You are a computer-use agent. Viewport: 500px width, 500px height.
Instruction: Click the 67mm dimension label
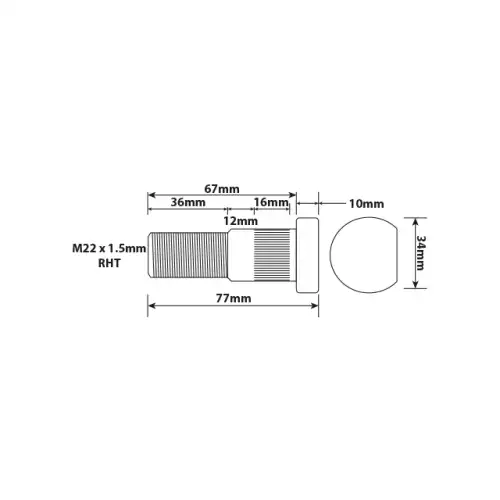(222, 189)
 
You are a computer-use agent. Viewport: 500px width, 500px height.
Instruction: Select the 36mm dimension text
(188, 202)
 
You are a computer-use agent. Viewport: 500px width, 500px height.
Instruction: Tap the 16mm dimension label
(271, 202)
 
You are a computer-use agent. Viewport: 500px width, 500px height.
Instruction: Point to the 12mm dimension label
(240, 221)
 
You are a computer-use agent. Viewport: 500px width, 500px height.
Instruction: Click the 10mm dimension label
(366, 204)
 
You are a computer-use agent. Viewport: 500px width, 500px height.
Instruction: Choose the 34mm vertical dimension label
(421, 253)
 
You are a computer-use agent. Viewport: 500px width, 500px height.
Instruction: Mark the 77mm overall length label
(233, 298)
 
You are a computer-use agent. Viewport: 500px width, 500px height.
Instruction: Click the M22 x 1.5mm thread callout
(109, 249)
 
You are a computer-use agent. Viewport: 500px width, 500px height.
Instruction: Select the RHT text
(109, 263)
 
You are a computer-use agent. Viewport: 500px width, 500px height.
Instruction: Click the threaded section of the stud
(188, 255)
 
